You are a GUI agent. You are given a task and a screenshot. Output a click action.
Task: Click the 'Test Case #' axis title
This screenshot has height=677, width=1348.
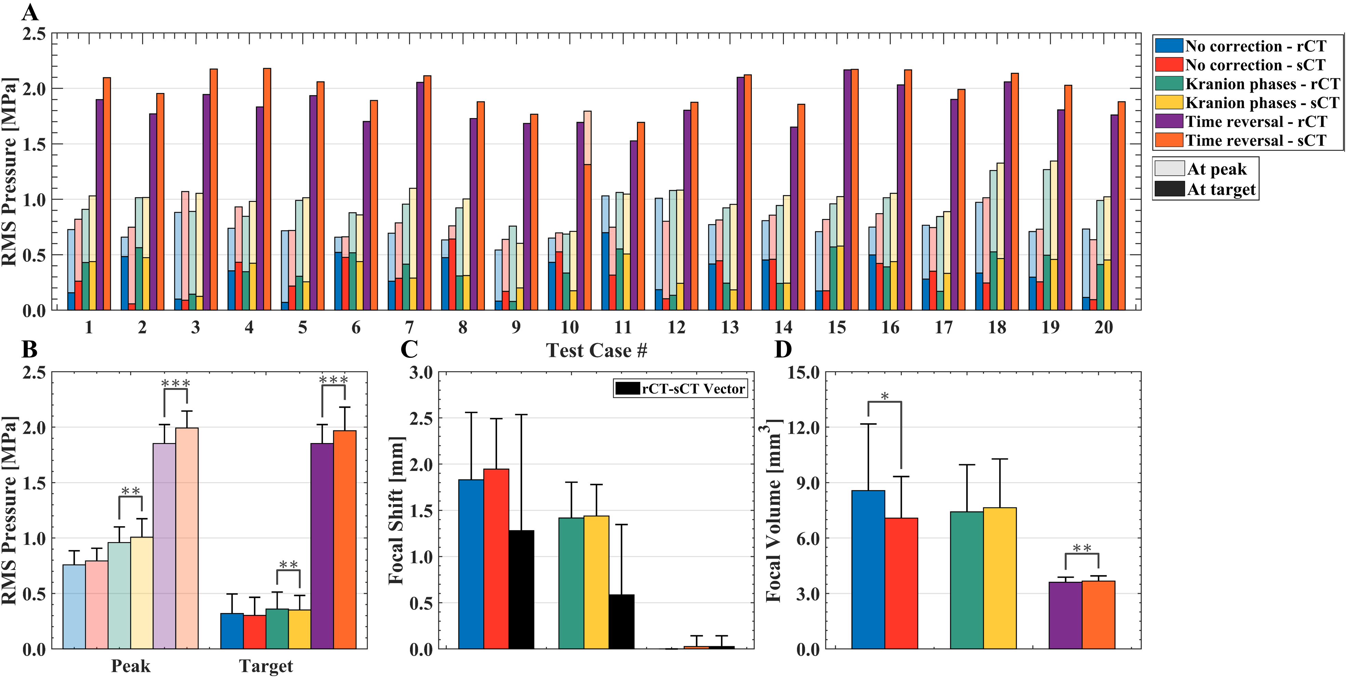coord(597,350)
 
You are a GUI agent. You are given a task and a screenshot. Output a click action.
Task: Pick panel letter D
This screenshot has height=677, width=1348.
coord(783,349)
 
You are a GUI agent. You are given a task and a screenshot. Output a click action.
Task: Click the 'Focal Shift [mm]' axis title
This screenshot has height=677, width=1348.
coord(396,510)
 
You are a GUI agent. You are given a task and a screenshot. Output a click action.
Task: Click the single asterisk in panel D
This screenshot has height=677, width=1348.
coord(884,397)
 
